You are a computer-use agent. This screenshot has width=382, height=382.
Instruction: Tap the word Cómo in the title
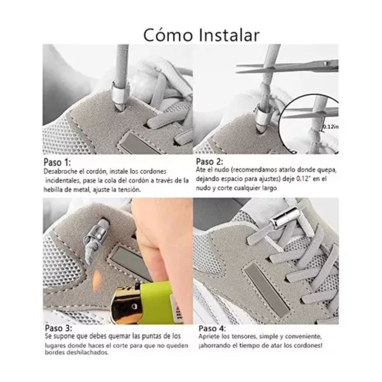(x=167, y=35)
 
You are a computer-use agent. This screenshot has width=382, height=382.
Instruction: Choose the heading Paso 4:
(x=212, y=329)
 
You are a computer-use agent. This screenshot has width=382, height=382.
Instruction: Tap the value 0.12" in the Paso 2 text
(x=302, y=179)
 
